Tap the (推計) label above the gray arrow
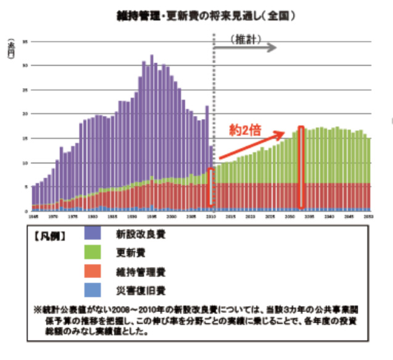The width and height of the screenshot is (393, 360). coord(247,39)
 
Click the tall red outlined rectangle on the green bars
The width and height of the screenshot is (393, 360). coord(301,167)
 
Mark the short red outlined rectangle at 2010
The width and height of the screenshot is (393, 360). coord(210,187)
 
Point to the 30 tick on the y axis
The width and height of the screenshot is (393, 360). coord(25,65)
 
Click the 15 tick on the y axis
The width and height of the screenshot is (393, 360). coord(25,138)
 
